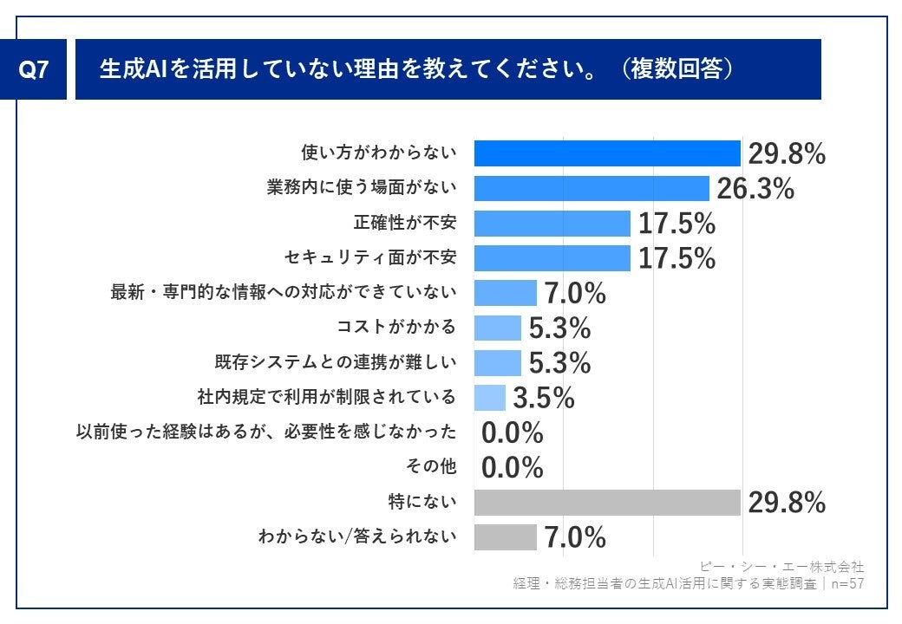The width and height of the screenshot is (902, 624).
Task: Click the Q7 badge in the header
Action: [34, 70]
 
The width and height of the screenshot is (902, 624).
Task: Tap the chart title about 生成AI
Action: [416, 69]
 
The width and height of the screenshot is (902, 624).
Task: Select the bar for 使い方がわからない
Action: [606, 153]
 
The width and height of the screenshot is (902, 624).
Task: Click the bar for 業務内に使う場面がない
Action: [592, 188]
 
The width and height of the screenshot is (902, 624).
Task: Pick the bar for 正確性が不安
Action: [552, 224]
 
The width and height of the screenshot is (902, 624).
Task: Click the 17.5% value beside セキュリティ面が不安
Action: [676, 258]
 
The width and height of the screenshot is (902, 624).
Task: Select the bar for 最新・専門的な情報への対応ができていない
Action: [505, 293]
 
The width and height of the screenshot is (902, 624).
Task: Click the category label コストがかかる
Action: [396, 328]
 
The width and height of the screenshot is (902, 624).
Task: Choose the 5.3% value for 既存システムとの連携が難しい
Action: [559, 362]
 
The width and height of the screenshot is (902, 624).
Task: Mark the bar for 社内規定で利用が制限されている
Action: [489, 398]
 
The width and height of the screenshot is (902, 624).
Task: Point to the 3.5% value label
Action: [544, 398]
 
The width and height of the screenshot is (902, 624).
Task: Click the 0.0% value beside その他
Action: [512, 468]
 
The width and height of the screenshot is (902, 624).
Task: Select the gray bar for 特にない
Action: [606, 503]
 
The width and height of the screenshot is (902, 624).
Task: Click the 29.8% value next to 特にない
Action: [787, 503]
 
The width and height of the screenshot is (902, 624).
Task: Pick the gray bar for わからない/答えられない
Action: [505, 537]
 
